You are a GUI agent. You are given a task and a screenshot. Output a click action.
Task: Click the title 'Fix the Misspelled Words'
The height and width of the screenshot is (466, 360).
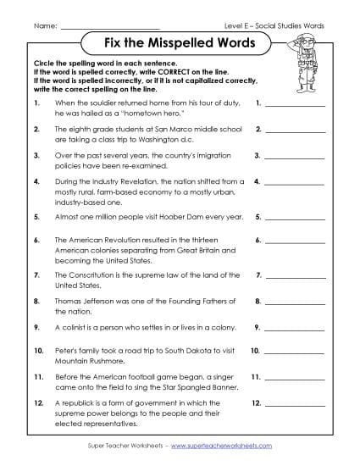[180, 44]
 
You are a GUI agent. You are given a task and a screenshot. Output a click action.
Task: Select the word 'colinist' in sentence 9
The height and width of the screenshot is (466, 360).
[74, 325]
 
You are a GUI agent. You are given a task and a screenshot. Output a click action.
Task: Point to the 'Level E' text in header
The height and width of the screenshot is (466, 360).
[250, 25]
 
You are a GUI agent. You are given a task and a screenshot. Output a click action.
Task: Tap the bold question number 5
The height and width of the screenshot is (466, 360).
[36, 217]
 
